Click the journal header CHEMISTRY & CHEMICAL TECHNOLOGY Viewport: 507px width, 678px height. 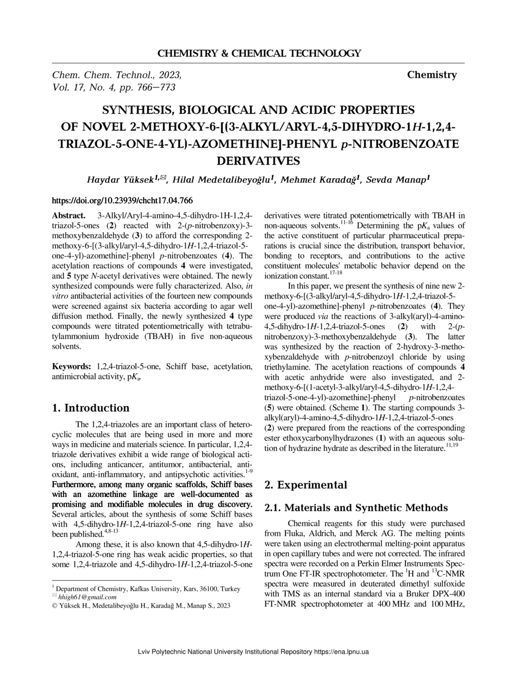pyautogui.click(x=259, y=54)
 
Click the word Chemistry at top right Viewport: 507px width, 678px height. pyautogui.click(x=432, y=75)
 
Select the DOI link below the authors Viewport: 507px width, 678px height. pyautogui.click(x=122, y=201)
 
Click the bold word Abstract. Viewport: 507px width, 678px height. pyautogui.click(x=68, y=216)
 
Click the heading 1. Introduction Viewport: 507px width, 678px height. pyautogui.click(x=91, y=408)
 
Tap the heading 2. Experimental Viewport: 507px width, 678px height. pyautogui.click(x=305, y=485)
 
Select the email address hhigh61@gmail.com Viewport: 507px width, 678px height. pyautogui.click(x=87, y=597)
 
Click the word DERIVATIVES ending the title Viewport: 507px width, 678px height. pyautogui.click(x=258, y=161)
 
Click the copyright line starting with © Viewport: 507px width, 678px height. pyautogui.click(x=141, y=605)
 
